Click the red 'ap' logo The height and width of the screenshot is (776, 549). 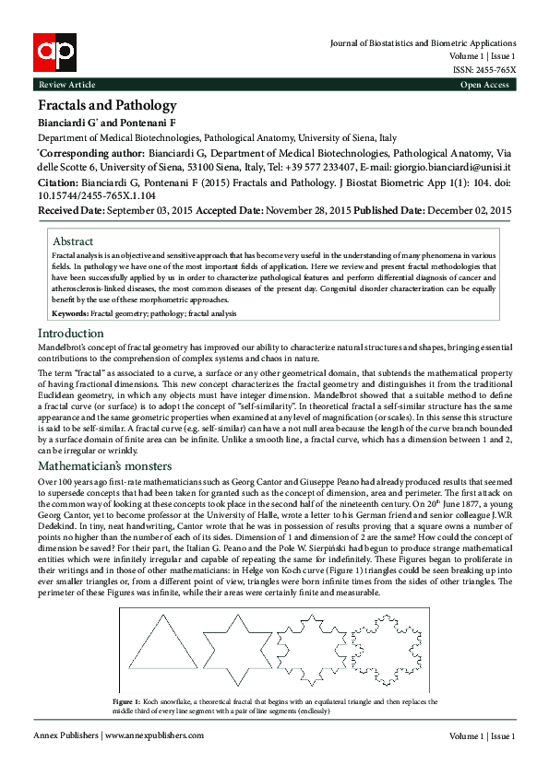tap(54, 52)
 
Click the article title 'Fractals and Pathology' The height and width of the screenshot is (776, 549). tap(106, 105)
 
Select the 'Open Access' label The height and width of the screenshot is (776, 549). tap(484, 85)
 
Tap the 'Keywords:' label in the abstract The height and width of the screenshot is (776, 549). tap(70, 313)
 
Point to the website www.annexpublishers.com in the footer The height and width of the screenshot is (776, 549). tap(153, 736)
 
